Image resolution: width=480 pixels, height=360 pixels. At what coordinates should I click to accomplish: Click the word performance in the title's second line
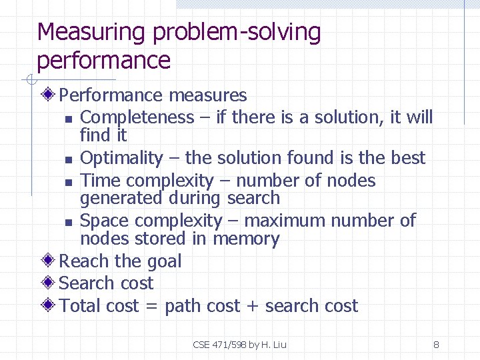(x=104, y=61)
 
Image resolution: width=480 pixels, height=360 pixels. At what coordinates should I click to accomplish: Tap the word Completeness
(x=137, y=117)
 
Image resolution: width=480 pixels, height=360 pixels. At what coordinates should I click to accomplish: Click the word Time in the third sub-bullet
(x=100, y=181)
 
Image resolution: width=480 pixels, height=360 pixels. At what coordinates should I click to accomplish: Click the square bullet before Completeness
(x=69, y=119)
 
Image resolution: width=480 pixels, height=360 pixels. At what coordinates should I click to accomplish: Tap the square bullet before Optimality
(x=69, y=160)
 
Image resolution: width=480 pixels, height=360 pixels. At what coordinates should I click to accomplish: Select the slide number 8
(x=436, y=345)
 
